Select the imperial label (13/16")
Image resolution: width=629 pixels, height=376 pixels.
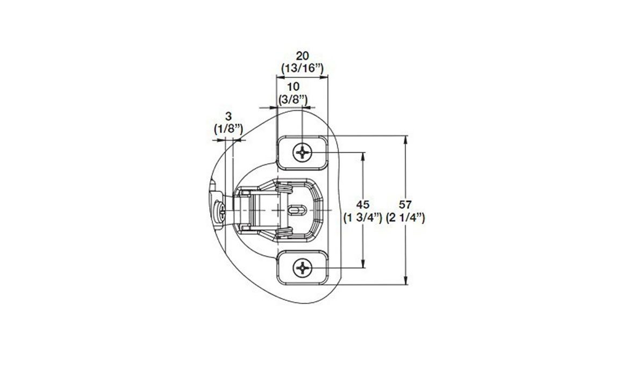(x=302, y=68)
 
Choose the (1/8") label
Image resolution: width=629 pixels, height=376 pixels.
(x=228, y=129)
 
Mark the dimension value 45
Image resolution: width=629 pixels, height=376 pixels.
(x=363, y=205)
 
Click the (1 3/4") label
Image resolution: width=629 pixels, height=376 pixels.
(x=363, y=218)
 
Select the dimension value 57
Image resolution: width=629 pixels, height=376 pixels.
(x=406, y=205)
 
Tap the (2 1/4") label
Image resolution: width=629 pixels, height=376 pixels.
(x=406, y=218)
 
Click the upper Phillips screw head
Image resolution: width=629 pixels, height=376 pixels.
(x=303, y=153)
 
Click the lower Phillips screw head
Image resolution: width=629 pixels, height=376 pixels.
(x=303, y=267)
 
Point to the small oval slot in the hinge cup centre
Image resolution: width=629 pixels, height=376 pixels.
(x=296, y=209)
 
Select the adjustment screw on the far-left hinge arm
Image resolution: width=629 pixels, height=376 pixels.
(x=219, y=213)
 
